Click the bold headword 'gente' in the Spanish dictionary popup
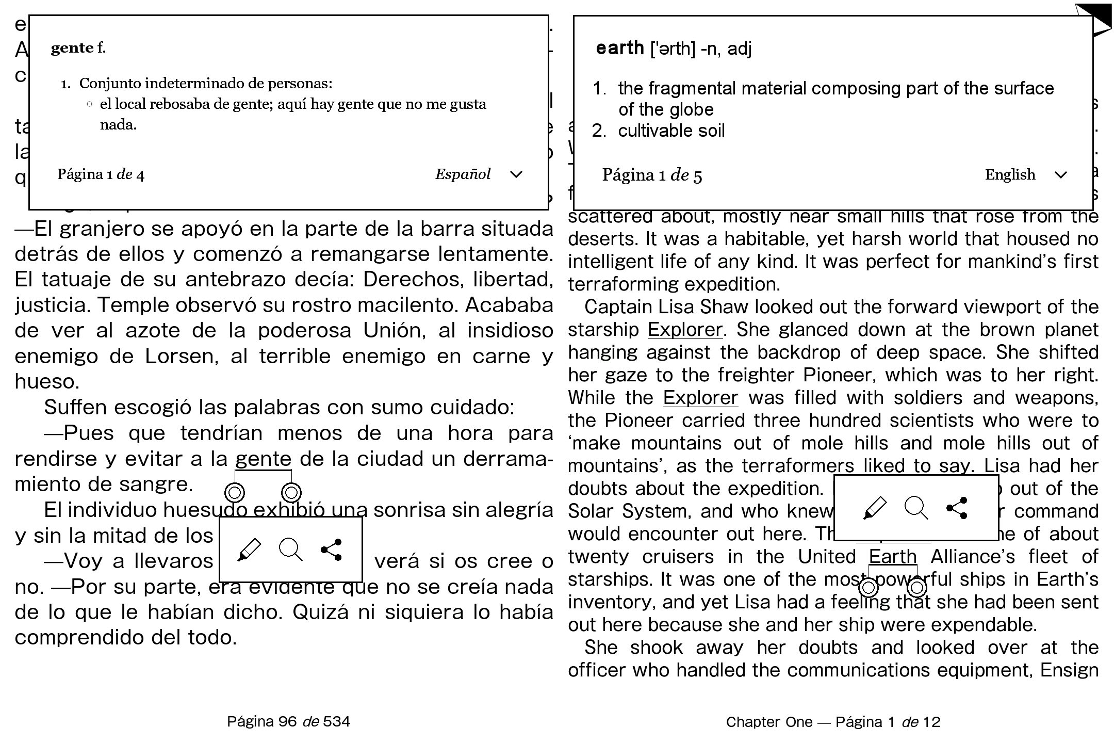(x=72, y=48)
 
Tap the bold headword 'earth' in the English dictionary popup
(x=619, y=48)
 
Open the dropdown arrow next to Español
(x=516, y=174)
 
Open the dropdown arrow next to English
(x=1060, y=175)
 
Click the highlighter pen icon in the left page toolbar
(x=250, y=550)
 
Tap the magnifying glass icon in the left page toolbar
(x=291, y=550)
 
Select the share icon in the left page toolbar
(x=331, y=550)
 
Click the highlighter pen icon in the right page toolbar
(x=875, y=508)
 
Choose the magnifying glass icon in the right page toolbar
(x=916, y=508)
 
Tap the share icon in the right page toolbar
(x=957, y=508)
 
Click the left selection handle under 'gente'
(x=235, y=493)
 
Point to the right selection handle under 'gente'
(x=291, y=493)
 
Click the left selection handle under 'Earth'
(x=869, y=587)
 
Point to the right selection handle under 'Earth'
(x=917, y=587)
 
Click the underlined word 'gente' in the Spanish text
(x=263, y=459)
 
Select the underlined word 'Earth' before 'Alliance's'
(x=893, y=557)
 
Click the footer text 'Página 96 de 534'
(x=289, y=721)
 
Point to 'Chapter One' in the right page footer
(x=769, y=722)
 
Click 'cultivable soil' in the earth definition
(x=671, y=131)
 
